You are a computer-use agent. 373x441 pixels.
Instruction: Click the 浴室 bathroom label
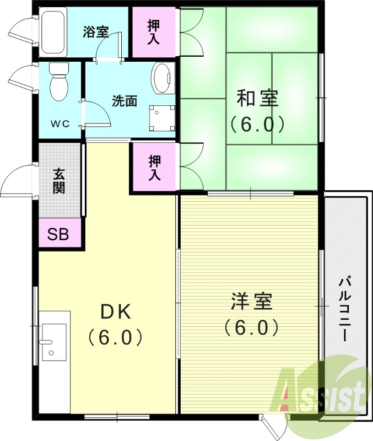click(96, 32)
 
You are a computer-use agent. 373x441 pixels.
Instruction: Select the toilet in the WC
click(58, 82)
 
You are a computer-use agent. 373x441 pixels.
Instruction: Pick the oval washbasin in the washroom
click(163, 78)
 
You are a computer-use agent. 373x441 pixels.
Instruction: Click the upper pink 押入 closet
click(154, 31)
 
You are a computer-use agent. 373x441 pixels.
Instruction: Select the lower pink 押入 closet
click(155, 168)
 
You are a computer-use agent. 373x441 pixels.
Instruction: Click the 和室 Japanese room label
click(257, 99)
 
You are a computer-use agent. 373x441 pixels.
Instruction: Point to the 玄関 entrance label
click(60, 181)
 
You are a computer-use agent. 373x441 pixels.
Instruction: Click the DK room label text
click(115, 312)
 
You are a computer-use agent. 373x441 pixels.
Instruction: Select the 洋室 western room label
click(252, 303)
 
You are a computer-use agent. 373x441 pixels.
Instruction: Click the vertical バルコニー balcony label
click(345, 309)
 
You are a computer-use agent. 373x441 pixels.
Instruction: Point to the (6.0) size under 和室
click(257, 124)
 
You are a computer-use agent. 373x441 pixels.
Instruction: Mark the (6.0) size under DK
click(116, 337)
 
